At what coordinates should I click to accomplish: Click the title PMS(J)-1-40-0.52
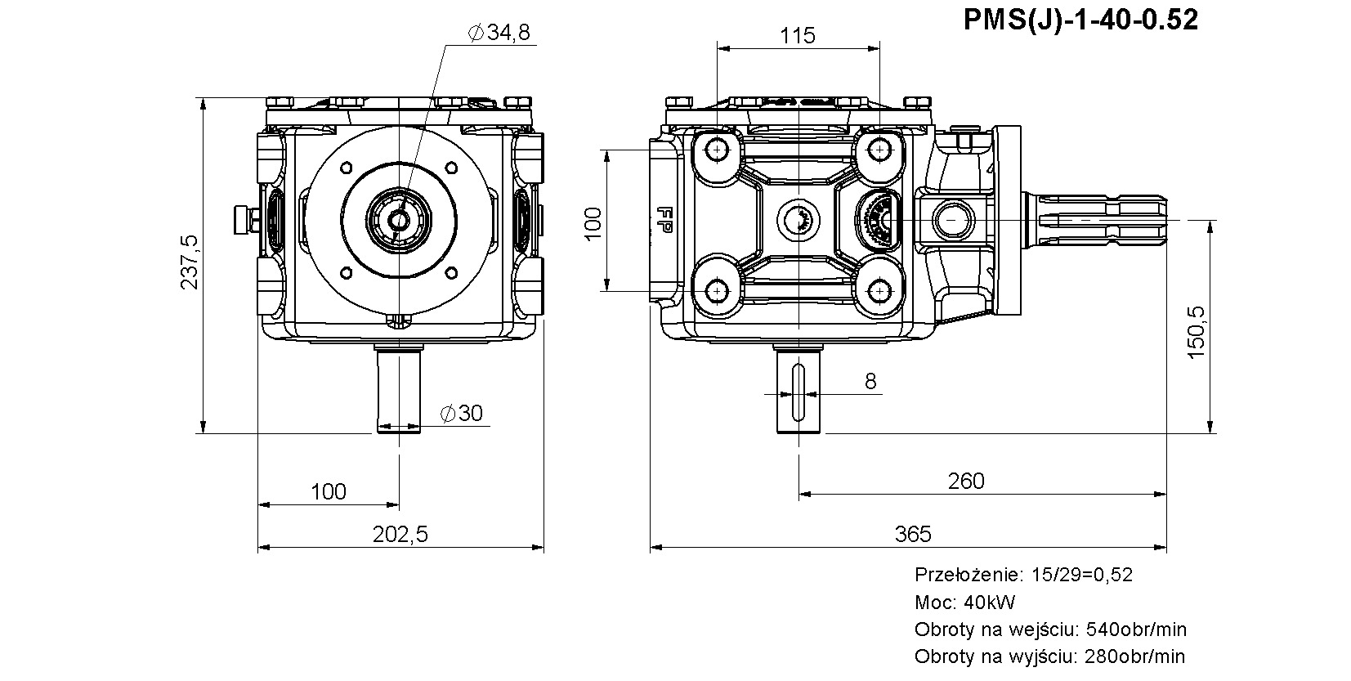click(1080, 20)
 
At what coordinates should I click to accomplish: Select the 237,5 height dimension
click(189, 262)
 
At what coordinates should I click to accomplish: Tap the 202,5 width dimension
click(400, 534)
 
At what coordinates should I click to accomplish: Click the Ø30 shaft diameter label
click(462, 413)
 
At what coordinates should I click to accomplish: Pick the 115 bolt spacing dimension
click(798, 36)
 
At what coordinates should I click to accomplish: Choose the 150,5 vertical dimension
click(1196, 333)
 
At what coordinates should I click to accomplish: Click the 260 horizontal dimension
click(965, 481)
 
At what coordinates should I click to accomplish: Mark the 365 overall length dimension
click(913, 534)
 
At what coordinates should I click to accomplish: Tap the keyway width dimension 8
click(870, 381)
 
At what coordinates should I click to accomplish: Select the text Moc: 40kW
click(965, 602)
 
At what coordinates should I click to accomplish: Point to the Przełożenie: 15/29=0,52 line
click(1023, 574)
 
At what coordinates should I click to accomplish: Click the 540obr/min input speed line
click(1051, 629)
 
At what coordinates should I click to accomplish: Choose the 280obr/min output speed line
click(1049, 656)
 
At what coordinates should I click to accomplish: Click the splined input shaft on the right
click(1094, 221)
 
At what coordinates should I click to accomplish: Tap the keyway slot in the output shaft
click(799, 392)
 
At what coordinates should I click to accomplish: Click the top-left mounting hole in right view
click(717, 150)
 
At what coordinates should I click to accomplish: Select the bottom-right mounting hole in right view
click(879, 292)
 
